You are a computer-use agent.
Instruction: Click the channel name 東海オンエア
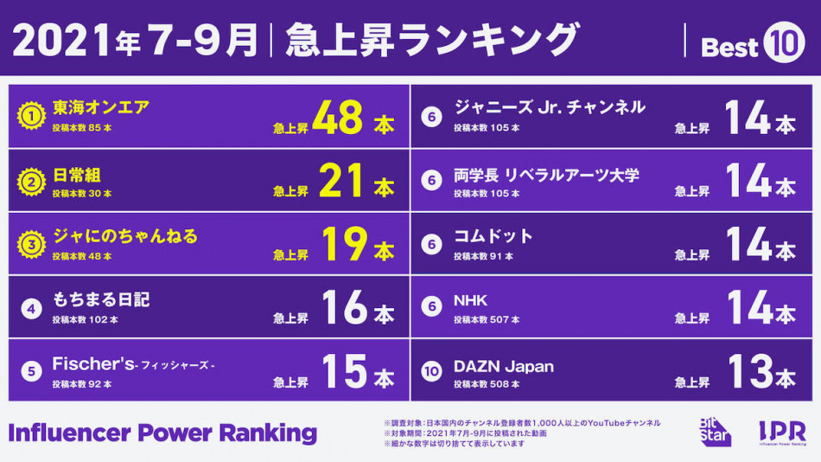click(x=100, y=107)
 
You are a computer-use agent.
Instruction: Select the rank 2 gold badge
click(x=31, y=181)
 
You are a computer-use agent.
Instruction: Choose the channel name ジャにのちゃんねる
click(x=124, y=235)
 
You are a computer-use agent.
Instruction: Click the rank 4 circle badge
click(x=31, y=307)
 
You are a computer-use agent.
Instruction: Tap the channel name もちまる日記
click(x=100, y=299)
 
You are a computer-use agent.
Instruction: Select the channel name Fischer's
click(x=93, y=363)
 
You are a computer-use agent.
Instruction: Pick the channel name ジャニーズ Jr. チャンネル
click(x=550, y=107)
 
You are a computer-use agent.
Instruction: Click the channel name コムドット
click(x=493, y=235)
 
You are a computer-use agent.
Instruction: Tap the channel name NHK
click(x=471, y=300)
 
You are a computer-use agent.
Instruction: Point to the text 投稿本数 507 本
click(x=487, y=319)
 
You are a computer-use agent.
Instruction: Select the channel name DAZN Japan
click(x=504, y=365)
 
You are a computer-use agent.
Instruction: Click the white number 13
click(x=748, y=371)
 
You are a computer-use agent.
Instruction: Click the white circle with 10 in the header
click(x=784, y=44)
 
